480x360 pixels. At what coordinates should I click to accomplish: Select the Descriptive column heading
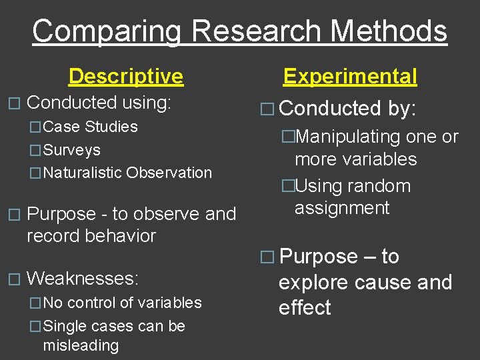pyautogui.click(x=125, y=76)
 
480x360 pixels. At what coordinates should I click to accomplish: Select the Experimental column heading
pyautogui.click(x=350, y=76)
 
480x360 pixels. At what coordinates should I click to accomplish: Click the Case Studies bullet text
pyautogui.click(x=90, y=127)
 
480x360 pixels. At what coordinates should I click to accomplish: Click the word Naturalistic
pyautogui.click(x=83, y=173)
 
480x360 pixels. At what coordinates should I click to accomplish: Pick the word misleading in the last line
pyautogui.click(x=81, y=345)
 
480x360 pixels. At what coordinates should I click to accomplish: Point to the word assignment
pyautogui.click(x=342, y=208)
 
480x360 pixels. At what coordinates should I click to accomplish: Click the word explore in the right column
pyautogui.click(x=313, y=283)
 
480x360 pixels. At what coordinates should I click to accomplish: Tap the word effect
pyautogui.click(x=305, y=308)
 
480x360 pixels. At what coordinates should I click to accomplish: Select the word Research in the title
pyautogui.click(x=254, y=32)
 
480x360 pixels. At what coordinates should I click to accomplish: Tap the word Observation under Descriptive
pyautogui.click(x=169, y=173)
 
